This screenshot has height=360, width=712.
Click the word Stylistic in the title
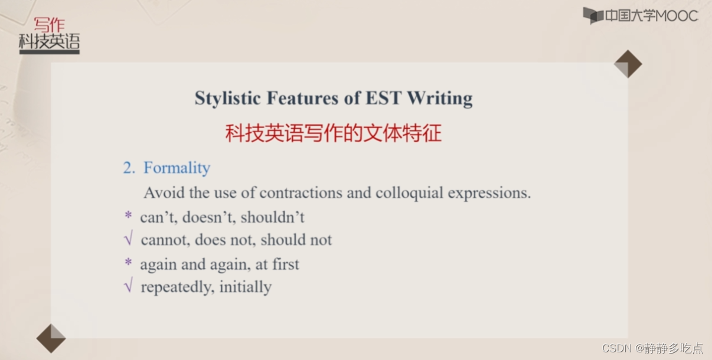227,98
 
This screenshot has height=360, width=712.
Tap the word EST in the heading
383,97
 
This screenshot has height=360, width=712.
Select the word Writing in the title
440,99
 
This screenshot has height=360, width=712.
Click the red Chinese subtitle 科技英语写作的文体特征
333,133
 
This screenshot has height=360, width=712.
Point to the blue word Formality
177,168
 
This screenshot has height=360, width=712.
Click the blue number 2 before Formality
129,168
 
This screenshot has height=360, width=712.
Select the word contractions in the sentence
301,192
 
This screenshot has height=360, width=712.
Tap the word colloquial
409,193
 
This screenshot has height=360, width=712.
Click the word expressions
489,193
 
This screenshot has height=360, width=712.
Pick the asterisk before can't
128,215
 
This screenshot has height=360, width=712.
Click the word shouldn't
272,217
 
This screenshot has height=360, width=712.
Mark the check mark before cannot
129,238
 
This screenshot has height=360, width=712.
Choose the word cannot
166,240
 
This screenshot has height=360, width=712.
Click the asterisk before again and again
128,263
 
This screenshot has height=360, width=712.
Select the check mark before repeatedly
129,284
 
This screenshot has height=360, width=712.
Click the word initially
246,287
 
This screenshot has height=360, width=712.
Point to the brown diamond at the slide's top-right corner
628,64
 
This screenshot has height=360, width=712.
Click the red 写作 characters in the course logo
49,24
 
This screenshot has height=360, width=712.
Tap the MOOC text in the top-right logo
677,16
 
